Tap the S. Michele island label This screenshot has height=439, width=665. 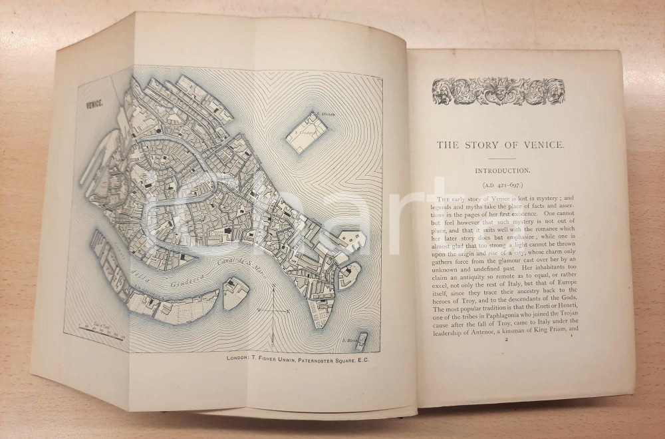tap(327, 114)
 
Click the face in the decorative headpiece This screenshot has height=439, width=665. tap(498, 91)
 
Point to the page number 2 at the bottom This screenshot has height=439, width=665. tap(506, 340)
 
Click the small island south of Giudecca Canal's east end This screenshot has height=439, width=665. tap(235, 293)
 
